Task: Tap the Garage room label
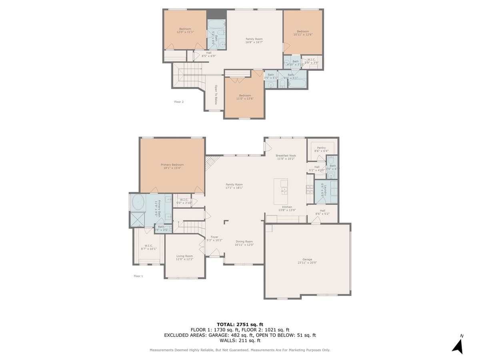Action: pyautogui.click(x=307, y=261)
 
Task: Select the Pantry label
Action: pyautogui.click(x=321, y=149)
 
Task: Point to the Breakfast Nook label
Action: pyautogui.click(x=286, y=157)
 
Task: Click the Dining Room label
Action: pyautogui.click(x=244, y=243)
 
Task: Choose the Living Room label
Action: pyautogui.click(x=184, y=258)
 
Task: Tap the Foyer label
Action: pyautogui.click(x=214, y=238)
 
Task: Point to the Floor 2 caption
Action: pyautogui.click(x=179, y=102)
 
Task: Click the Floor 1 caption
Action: pyautogui.click(x=138, y=276)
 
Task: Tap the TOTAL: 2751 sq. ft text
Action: pyautogui.click(x=240, y=324)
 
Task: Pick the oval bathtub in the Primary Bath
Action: pyautogui.click(x=138, y=203)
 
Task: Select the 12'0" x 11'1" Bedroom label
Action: pyautogui.click(x=185, y=30)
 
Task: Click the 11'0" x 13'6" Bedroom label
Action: pyautogui.click(x=244, y=97)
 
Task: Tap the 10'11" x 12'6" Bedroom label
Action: pyautogui.click(x=303, y=33)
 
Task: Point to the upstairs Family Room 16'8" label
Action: pyautogui.click(x=254, y=40)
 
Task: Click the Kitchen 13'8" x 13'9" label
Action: pyautogui.click(x=286, y=208)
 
